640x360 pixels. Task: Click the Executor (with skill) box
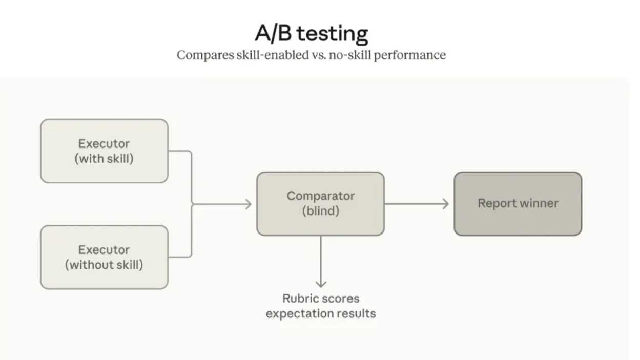[104, 151]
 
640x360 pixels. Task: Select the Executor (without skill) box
[104, 257]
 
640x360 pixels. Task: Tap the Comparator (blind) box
[320, 204]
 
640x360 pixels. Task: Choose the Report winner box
[518, 204]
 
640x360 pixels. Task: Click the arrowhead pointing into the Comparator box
[249, 204]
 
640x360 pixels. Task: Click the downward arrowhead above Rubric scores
[321, 283]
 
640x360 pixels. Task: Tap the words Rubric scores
[321, 298]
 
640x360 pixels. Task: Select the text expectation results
[321, 313]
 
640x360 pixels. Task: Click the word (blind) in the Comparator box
[321, 210]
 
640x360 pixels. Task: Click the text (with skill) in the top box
[104, 159]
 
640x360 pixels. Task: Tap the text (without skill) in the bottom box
[104, 265]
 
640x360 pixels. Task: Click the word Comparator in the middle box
[321, 196]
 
